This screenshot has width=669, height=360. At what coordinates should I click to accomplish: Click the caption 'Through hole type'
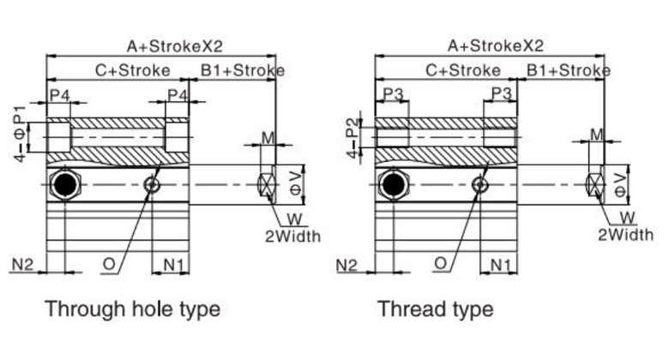click(x=132, y=308)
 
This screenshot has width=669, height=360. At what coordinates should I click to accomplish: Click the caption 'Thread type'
click(x=435, y=308)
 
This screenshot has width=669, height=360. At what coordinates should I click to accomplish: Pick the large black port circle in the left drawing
click(x=64, y=183)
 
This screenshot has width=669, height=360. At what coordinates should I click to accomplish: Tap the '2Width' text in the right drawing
click(x=625, y=234)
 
